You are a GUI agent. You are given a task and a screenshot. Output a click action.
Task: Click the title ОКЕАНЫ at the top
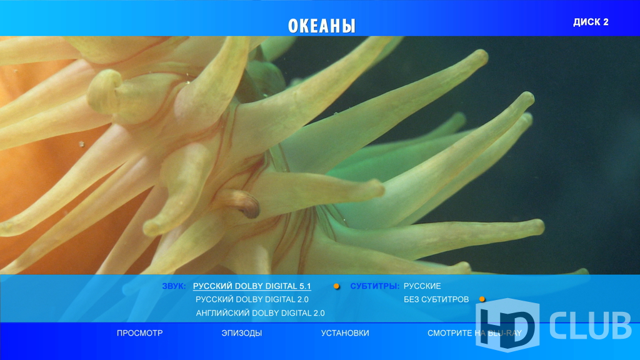tap(322, 26)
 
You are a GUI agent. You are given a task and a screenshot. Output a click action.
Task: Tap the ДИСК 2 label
tap(591, 22)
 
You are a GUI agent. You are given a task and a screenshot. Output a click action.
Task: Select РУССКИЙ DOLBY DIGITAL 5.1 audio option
tap(252, 286)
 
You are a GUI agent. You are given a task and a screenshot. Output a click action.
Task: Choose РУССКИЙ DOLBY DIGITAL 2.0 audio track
tap(252, 299)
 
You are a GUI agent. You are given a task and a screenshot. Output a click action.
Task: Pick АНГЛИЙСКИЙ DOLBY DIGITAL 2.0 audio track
tap(261, 313)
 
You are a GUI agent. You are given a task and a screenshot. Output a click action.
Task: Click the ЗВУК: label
tap(174, 286)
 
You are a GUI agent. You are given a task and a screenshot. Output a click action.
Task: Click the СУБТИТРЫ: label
tap(375, 286)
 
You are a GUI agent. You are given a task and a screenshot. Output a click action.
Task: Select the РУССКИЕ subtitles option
tap(422, 286)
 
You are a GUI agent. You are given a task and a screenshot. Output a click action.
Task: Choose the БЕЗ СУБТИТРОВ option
tap(436, 299)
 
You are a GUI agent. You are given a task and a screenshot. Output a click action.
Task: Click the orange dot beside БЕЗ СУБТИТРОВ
tap(482, 299)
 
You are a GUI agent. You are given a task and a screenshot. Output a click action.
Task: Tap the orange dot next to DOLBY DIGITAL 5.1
tap(336, 286)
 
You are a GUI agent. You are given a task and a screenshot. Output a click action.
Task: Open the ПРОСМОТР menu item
tap(139, 333)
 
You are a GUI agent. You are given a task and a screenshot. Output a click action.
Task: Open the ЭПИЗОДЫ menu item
tap(242, 333)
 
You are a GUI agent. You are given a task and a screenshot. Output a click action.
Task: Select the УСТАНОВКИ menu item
tap(345, 333)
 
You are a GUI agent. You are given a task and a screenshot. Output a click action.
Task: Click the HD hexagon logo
tap(507, 325)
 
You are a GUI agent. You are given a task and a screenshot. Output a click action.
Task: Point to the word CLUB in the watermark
tap(590, 325)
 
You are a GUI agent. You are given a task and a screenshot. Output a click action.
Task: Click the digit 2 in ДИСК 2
tap(605, 22)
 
